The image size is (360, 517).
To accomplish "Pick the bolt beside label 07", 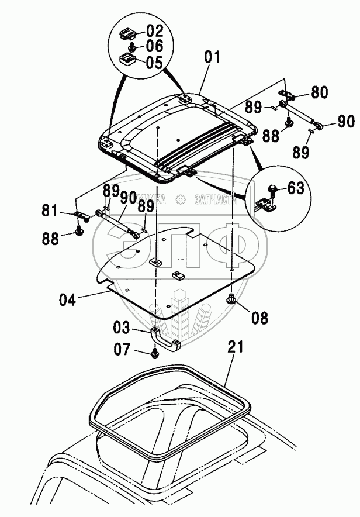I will point(154,353).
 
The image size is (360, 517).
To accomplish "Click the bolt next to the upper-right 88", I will point(289,123).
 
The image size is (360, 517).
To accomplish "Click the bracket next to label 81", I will point(81,216).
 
